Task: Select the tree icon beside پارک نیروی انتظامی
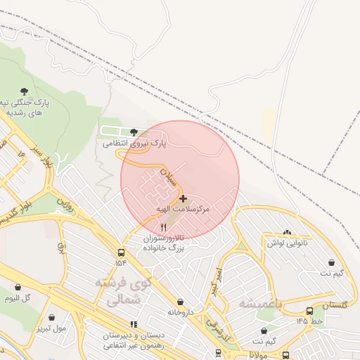134,131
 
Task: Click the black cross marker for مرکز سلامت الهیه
183,199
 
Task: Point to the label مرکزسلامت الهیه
185,211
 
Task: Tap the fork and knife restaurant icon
164,227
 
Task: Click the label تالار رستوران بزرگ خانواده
163,243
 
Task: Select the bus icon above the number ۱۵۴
122,252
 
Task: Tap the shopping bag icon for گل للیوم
18,287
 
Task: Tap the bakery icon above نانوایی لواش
287,232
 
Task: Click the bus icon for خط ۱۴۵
309,311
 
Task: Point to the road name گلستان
335,306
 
